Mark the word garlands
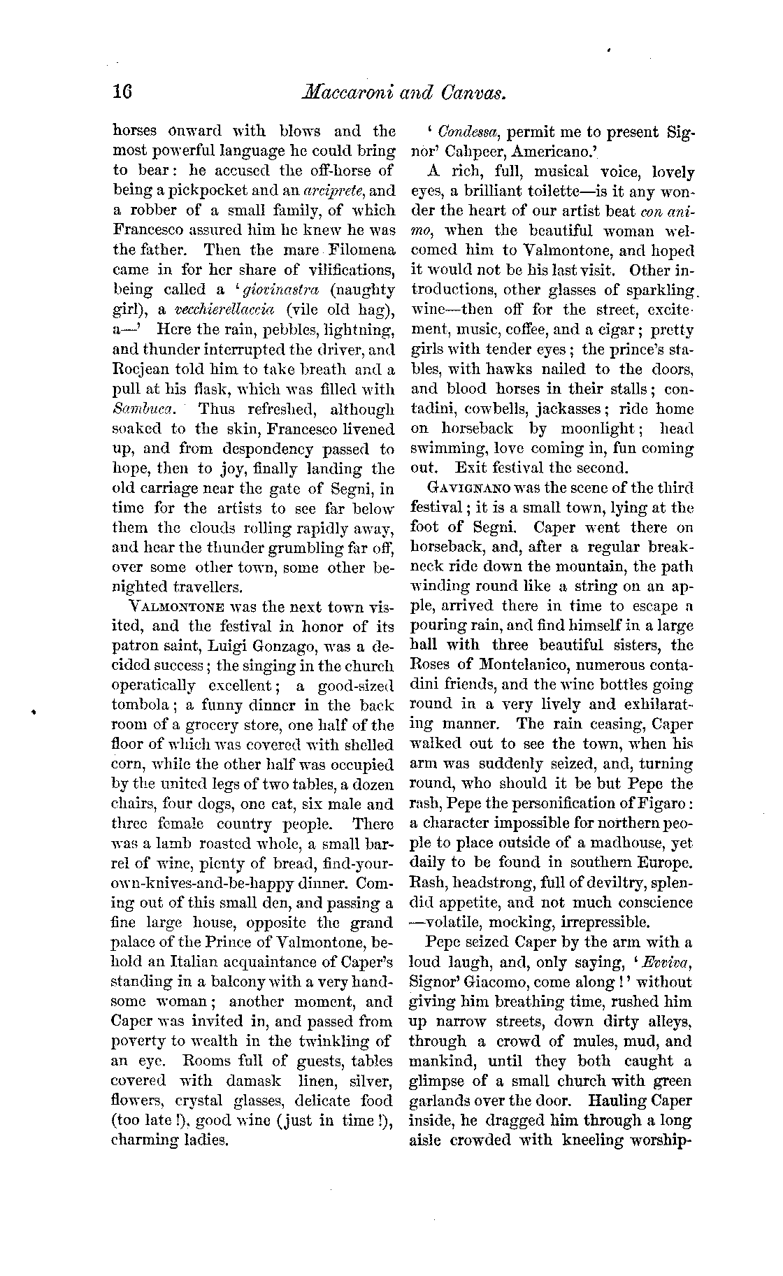click(439, 1101)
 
